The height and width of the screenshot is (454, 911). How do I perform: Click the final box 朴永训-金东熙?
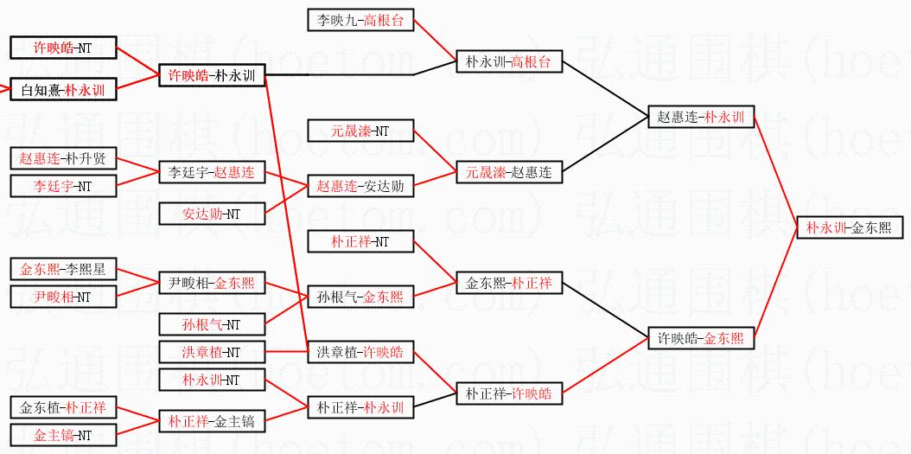click(851, 228)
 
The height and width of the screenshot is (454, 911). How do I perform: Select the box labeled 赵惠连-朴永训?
click(701, 118)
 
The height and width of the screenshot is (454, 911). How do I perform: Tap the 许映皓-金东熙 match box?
click(701, 339)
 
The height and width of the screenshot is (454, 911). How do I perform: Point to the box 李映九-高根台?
click(360, 20)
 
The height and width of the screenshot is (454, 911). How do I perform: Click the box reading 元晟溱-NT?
click(360, 131)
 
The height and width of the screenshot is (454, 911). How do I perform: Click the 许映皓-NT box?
click(63, 48)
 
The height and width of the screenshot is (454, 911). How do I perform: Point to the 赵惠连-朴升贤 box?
click(63, 158)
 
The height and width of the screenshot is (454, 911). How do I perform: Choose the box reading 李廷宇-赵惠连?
click(212, 173)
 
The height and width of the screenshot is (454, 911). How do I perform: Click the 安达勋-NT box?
click(212, 214)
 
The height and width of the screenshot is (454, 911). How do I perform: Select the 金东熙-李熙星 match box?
click(63, 269)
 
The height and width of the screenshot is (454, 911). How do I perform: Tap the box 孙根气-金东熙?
click(360, 297)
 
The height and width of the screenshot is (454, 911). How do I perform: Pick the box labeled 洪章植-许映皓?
click(360, 352)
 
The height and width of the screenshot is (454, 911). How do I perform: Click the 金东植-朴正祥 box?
click(63, 407)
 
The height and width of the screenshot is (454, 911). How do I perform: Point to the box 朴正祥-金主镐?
click(212, 421)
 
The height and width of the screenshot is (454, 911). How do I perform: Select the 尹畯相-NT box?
click(63, 297)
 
